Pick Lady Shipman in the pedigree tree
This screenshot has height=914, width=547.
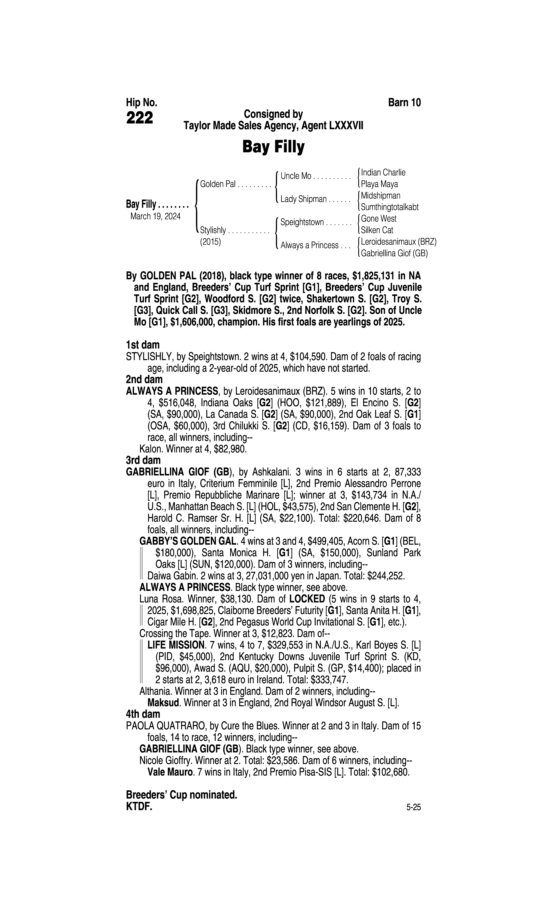click(303, 199)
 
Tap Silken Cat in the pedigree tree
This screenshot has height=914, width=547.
click(377, 230)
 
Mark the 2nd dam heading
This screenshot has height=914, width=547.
click(144, 379)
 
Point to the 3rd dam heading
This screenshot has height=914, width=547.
click(143, 460)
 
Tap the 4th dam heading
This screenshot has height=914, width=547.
click(143, 714)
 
